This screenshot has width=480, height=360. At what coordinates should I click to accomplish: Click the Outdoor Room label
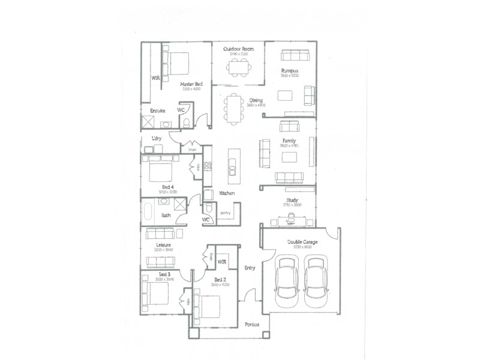[x=238, y=49]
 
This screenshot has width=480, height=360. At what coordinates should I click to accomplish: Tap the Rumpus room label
[x=289, y=71]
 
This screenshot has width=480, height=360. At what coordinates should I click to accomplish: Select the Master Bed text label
[x=190, y=84]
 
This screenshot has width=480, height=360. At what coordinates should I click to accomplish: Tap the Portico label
[x=252, y=325]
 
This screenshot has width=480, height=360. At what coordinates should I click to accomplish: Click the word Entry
[x=250, y=268]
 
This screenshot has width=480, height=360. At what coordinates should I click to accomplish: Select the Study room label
[x=292, y=200]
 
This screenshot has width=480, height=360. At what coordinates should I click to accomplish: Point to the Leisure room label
[x=164, y=245]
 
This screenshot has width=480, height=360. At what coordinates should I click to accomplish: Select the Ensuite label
[x=157, y=111]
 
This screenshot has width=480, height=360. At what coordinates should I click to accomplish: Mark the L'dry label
[x=157, y=139]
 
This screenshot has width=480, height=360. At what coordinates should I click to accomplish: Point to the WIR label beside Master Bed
[x=155, y=78]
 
